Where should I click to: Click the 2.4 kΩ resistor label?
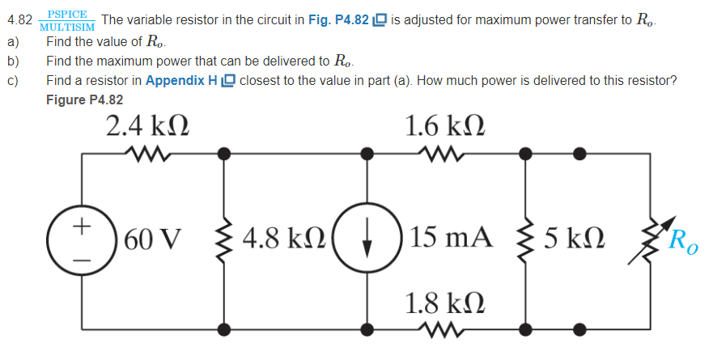tap(148, 126)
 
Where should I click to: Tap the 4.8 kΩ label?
tap(279, 239)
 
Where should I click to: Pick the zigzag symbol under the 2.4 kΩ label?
tap(148, 151)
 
